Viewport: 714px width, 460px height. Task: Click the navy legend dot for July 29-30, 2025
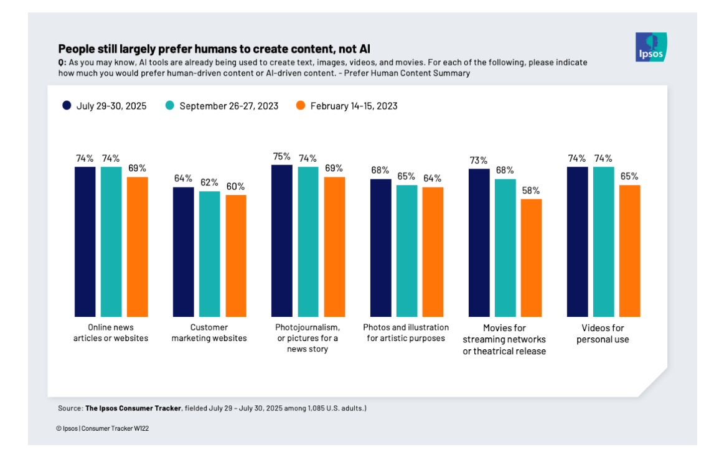pyautogui.click(x=67, y=106)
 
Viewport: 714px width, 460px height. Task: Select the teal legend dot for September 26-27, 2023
pyautogui.click(x=170, y=106)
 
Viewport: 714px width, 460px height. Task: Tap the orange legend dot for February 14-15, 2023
pyautogui.click(x=301, y=106)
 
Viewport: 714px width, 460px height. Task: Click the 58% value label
pyautogui.click(x=531, y=190)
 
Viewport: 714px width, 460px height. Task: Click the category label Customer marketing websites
pyautogui.click(x=209, y=332)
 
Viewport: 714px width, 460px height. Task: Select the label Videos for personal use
pyautogui.click(x=603, y=333)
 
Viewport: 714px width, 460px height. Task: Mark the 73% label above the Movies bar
pyautogui.click(x=479, y=161)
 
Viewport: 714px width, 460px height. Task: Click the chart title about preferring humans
pyautogui.click(x=218, y=49)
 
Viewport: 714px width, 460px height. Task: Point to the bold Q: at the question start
pyautogui.click(x=62, y=63)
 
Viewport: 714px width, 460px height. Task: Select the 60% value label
pyautogui.click(x=235, y=187)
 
